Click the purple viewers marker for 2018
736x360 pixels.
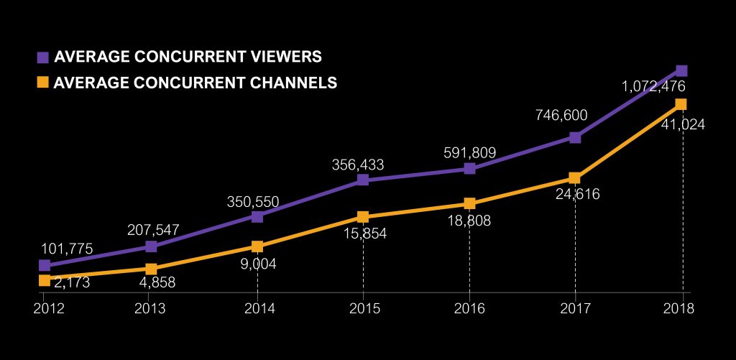click(x=682, y=70)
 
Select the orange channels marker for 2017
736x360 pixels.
click(x=575, y=177)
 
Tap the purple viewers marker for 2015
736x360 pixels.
click(x=363, y=180)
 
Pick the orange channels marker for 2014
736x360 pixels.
click(x=257, y=246)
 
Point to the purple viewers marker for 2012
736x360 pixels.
click(x=45, y=265)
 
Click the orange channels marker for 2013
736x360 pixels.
click(x=151, y=269)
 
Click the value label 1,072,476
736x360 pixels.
click(x=653, y=86)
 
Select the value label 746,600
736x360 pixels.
click(x=561, y=114)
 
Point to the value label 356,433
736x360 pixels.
click(x=357, y=165)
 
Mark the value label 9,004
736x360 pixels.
click(x=257, y=264)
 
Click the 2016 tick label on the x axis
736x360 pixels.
click(x=469, y=308)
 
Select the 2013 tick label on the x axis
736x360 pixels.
click(x=150, y=308)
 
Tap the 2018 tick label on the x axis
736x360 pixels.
click(x=679, y=308)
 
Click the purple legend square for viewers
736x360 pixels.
click(x=43, y=57)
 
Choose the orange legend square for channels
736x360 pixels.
click(x=43, y=83)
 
